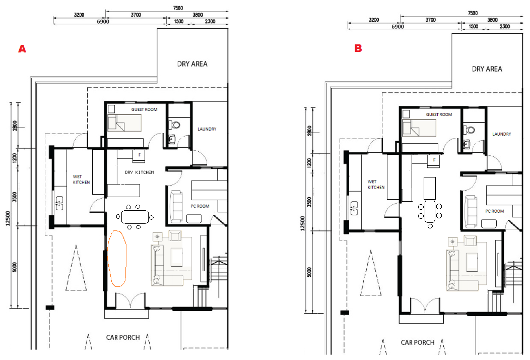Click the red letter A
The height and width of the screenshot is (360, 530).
[22, 49]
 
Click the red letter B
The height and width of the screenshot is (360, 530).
[358, 48]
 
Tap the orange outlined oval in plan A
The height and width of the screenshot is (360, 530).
[116, 259]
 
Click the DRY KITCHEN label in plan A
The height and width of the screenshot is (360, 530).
[139, 172]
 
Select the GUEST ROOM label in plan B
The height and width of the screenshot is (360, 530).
[439, 114]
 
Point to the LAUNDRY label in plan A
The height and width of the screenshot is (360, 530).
[207, 129]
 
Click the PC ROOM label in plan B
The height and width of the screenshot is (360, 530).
[495, 211]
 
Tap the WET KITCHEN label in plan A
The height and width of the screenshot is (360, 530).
[82, 179]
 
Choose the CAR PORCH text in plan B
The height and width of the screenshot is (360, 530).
[418, 342]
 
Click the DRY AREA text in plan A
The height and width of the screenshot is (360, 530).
[192, 64]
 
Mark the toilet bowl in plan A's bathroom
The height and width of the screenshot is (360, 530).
[175, 125]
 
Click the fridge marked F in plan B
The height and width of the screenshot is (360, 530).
[434, 160]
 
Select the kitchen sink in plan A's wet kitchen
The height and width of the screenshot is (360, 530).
[59, 203]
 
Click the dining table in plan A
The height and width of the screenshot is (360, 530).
[135, 217]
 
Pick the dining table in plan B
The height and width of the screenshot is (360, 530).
[430, 211]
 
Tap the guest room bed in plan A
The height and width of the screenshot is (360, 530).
[124, 123]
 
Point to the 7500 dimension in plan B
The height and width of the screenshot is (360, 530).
[473, 13]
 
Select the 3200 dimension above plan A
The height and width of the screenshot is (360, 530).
[79, 15]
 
